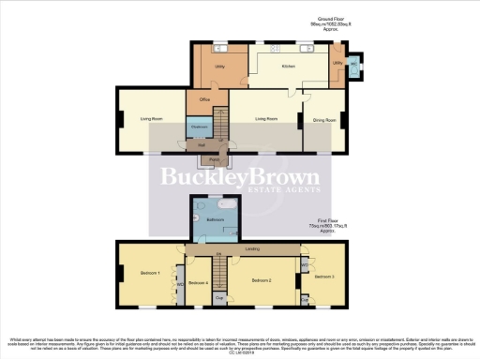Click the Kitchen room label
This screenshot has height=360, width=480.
(x=288, y=68)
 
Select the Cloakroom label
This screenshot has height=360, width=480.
(x=199, y=126)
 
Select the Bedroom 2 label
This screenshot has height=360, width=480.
(x=261, y=280)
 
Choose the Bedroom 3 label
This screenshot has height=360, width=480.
(x=324, y=277)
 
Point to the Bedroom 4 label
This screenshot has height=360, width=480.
(x=196, y=282)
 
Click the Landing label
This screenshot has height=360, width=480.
(x=251, y=249)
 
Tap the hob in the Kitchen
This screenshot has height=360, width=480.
(x=279, y=49)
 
